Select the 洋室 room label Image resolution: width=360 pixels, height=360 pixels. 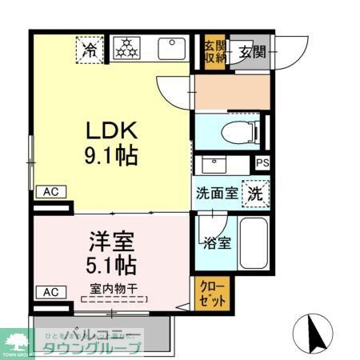tap(111, 241)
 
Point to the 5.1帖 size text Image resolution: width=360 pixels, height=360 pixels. tap(111, 264)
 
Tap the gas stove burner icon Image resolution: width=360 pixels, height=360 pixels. tap(124, 50)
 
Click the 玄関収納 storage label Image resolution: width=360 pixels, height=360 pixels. tap(211, 50)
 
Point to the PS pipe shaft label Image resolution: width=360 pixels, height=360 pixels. tap(263, 163)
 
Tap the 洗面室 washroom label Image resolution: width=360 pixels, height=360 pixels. tap(218, 193)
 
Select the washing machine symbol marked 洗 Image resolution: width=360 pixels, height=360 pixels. tap(255, 193)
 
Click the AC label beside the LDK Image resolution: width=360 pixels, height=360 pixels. tap(49, 192)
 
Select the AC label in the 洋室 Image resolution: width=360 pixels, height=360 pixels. tap(49, 292)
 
